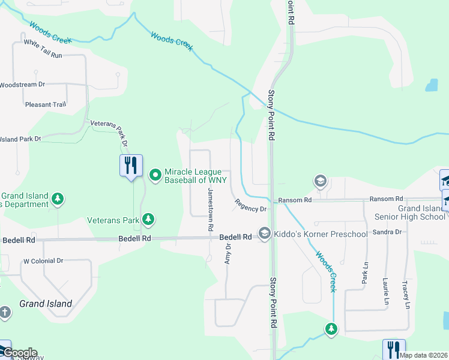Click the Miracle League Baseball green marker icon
coord(155,176)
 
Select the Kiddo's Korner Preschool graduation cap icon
coord(264,233)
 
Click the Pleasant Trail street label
coord(46,104)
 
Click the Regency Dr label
coord(250,206)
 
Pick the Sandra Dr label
coord(387,232)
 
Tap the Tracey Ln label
coord(406,295)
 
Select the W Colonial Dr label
coord(43,261)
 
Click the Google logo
coord(19,353)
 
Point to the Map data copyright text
coord(423,355)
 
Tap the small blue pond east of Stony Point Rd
coord(432,85)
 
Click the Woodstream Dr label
coord(22,85)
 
